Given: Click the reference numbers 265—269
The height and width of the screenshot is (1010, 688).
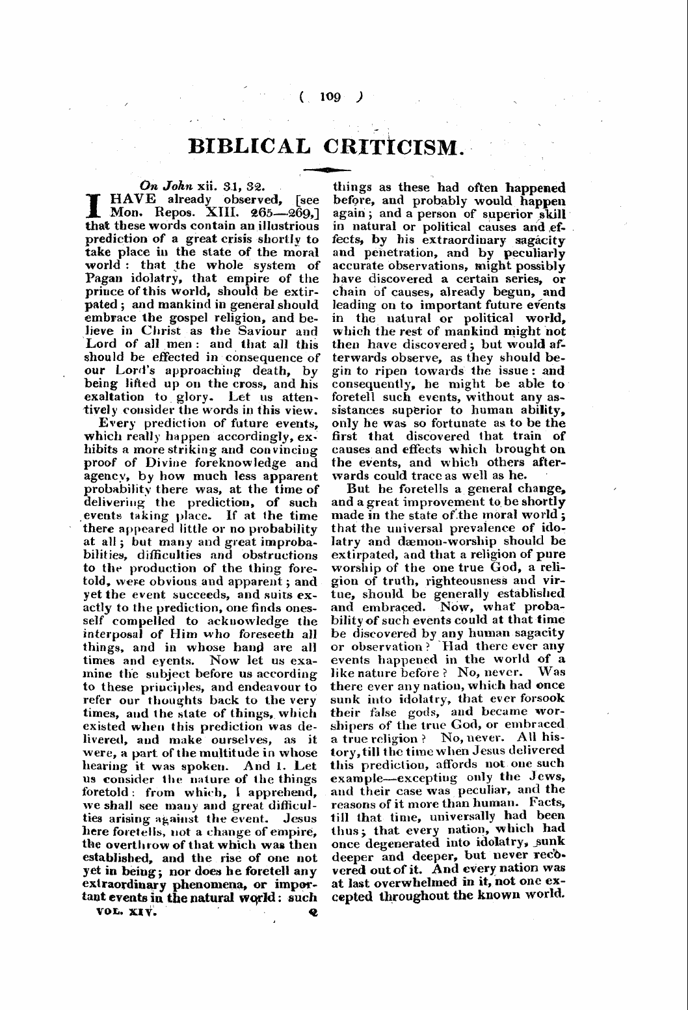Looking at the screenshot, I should pos(284,213).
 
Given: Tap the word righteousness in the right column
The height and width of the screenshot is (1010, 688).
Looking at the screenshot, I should pos(443,581).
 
